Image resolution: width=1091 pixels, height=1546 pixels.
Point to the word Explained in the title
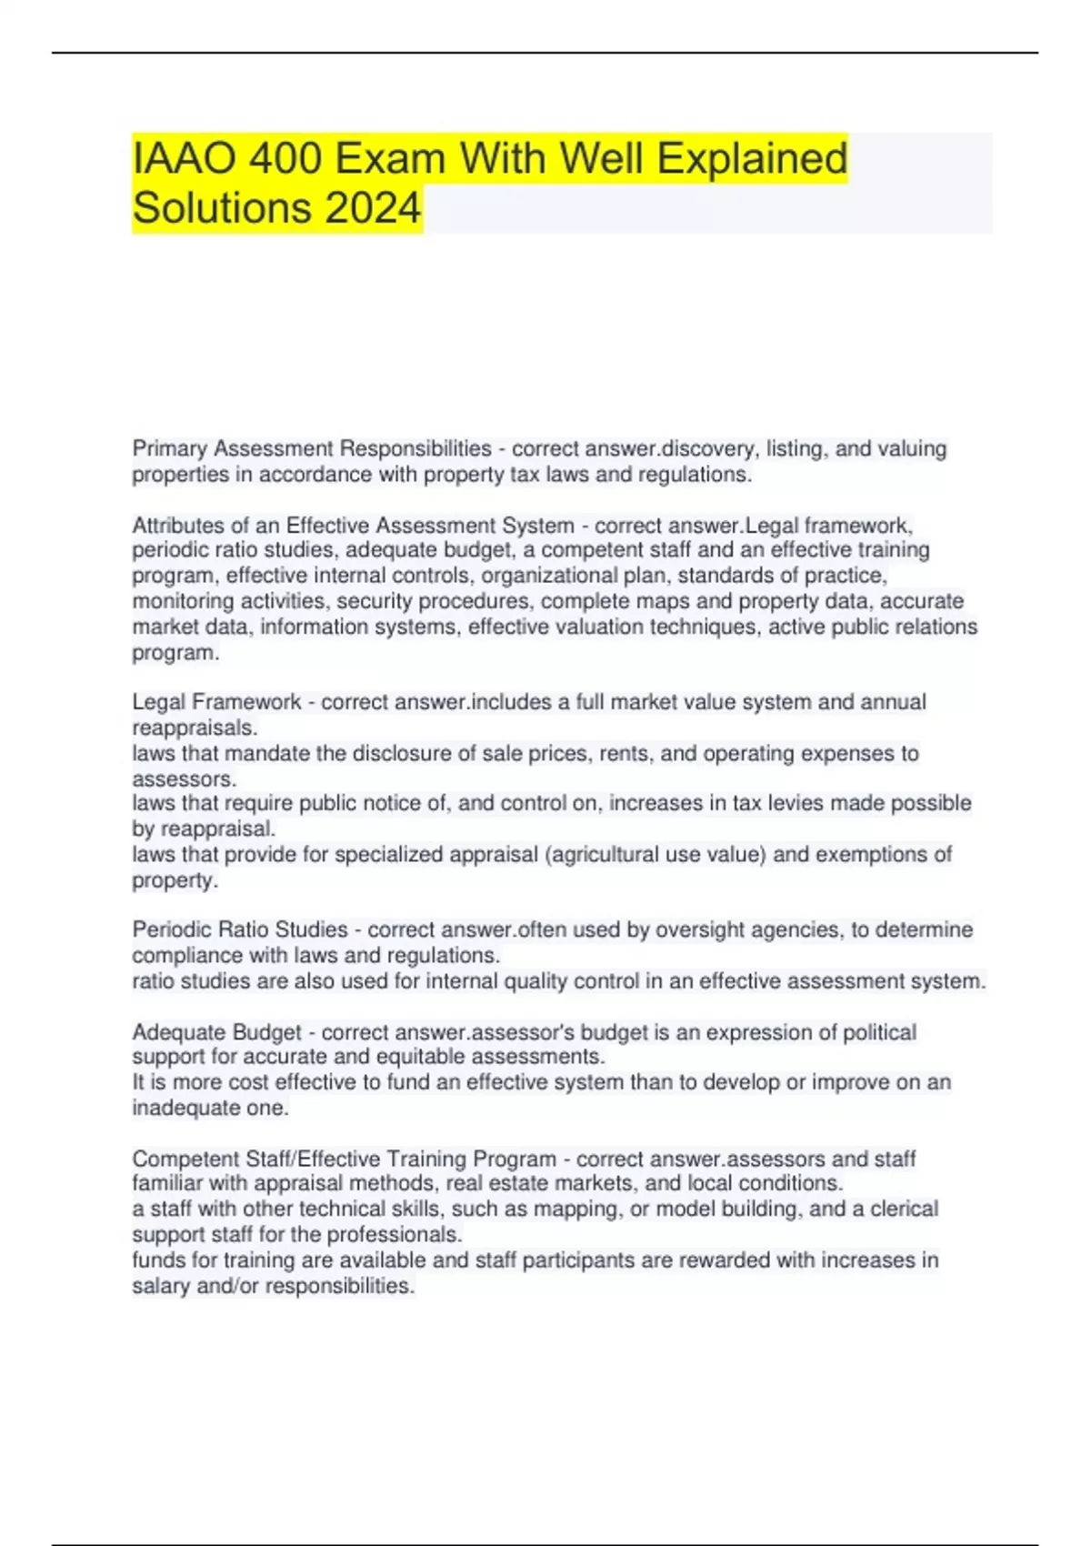[x=752, y=159]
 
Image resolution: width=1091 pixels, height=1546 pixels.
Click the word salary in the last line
[x=161, y=1286]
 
